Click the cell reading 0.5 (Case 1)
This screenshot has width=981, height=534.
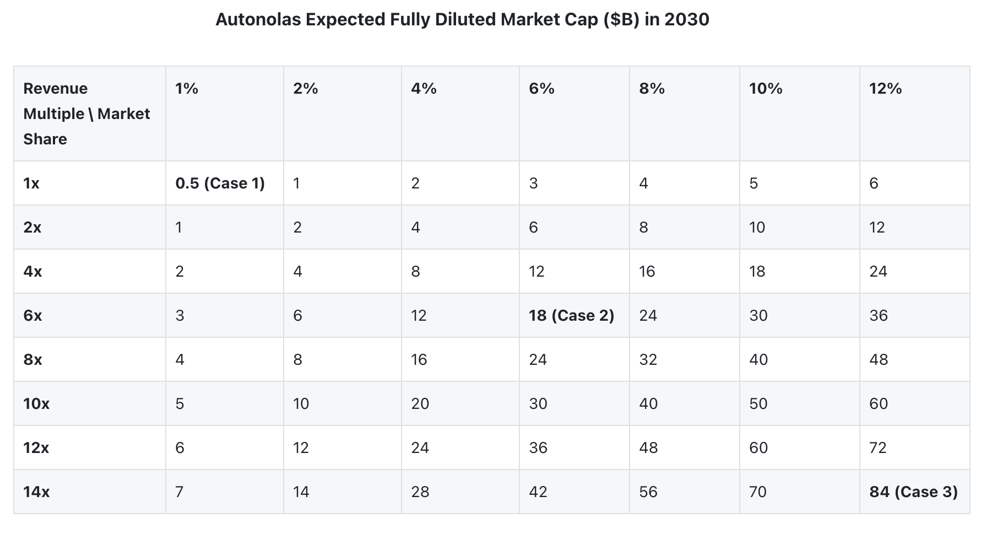point(220,184)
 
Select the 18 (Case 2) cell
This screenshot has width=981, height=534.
point(571,316)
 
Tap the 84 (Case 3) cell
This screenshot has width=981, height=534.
point(913,492)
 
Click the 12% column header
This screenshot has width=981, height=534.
point(885,89)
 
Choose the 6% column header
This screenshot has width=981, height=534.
point(541,89)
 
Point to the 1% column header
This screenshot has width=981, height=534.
point(187,89)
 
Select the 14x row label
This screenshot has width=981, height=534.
point(36,492)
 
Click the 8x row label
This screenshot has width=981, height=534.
point(33,360)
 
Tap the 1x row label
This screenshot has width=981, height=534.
point(31,184)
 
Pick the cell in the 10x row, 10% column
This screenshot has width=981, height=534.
point(758,404)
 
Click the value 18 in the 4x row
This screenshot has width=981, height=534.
point(757,272)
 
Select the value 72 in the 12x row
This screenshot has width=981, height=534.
point(878,448)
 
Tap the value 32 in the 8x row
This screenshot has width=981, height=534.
point(648,360)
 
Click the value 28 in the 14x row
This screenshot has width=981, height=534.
point(420,492)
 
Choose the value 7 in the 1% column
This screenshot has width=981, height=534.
point(180,492)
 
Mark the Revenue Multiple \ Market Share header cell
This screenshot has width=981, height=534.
point(86,114)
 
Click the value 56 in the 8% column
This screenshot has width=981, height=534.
point(648,492)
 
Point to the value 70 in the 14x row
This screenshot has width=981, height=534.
point(758,492)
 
